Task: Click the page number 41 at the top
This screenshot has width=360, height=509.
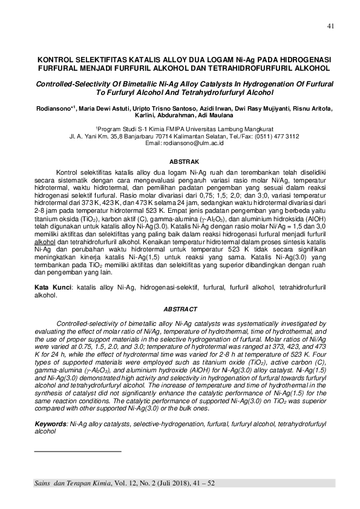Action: (330, 26)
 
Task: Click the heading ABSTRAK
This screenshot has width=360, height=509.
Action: (180, 162)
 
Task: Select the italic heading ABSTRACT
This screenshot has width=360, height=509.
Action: (180, 308)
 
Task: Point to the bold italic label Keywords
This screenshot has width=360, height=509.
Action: (51, 426)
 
